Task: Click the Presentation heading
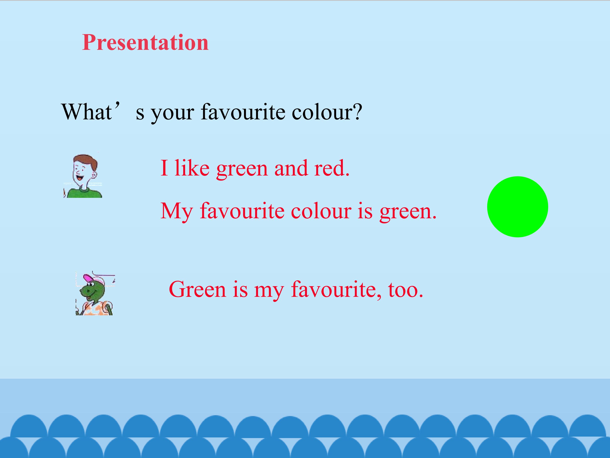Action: click(145, 43)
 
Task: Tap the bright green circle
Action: click(518, 207)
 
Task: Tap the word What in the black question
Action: click(87, 112)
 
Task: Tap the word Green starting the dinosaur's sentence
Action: click(197, 289)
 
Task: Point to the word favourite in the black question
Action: click(243, 112)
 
